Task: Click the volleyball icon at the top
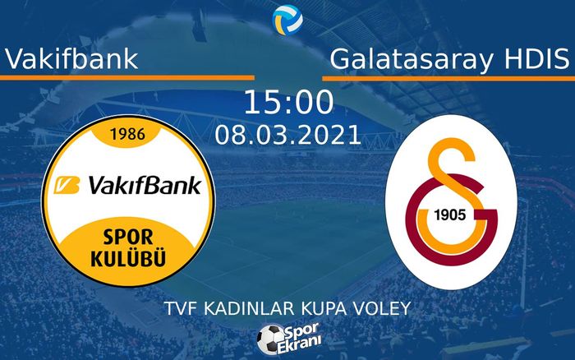287,17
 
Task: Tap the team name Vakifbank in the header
71,59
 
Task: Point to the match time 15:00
288,103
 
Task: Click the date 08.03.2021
288,134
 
